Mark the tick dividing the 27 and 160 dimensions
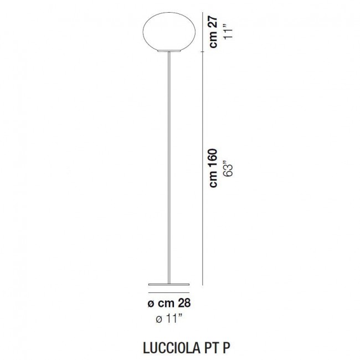(204, 49)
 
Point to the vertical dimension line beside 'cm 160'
(204, 166)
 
